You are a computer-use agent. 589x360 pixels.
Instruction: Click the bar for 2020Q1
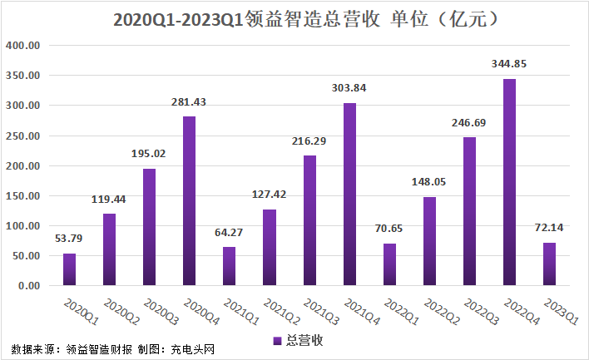click(70, 269)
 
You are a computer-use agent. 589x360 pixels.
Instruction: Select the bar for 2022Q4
click(509, 182)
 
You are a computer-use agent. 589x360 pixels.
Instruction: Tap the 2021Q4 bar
click(349, 195)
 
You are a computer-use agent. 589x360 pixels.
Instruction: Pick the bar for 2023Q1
click(549, 264)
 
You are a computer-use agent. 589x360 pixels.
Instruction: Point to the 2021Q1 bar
click(229, 266)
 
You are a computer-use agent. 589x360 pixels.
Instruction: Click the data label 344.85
click(509, 64)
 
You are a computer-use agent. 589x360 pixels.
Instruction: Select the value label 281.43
click(189, 102)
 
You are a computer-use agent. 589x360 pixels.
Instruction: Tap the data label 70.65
click(389, 229)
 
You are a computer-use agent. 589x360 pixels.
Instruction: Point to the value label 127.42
click(269, 195)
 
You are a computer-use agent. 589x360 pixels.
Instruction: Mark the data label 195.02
click(148, 154)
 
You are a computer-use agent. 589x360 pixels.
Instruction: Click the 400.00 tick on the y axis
click(23, 46)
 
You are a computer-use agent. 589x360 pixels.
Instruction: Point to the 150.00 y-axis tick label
click(23, 196)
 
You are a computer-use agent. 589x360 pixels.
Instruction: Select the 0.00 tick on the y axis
click(29, 286)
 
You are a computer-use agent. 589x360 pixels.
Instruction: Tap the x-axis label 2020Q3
click(161, 311)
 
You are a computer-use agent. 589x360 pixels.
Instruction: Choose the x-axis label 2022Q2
click(442, 311)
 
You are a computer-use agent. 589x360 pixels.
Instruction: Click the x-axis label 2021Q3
click(322, 311)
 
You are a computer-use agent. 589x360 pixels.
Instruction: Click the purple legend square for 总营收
click(277, 341)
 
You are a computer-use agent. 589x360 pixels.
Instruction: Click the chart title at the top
click(306, 19)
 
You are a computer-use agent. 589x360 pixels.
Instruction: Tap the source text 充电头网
click(193, 349)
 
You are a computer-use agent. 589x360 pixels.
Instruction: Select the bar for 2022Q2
click(430, 241)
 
